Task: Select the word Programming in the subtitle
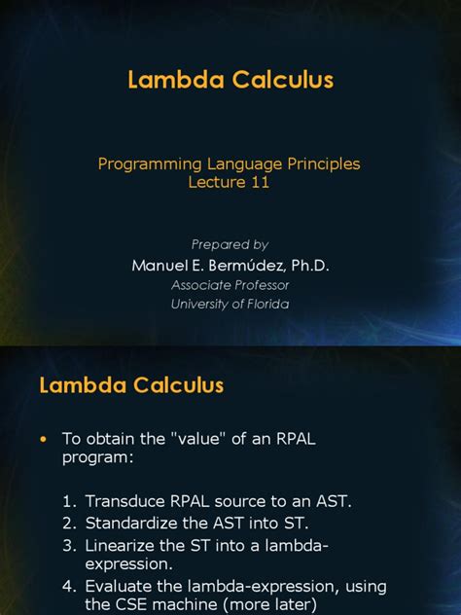(x=145, y=163)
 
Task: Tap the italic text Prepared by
(x=230, y=244)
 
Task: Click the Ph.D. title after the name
(x=305, y=265)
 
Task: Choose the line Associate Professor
(x=230, y=285)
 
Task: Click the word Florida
(x=266, y=304)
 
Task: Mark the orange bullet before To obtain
(x=43, y=440)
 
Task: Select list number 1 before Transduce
(x=69, y=501)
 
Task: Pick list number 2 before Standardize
(x=69, y=523)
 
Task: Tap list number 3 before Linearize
(x=69, y=545)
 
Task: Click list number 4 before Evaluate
(x=69, y=586)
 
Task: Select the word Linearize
(x=121, y=545)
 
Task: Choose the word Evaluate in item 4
(x=119, y=586)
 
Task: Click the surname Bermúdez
(x=240, y=265)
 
